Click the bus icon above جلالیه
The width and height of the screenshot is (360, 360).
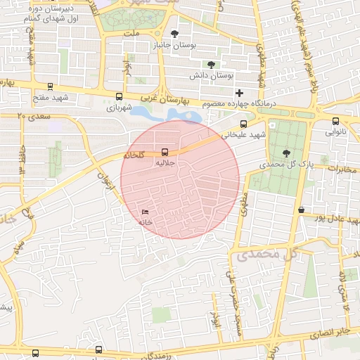(x=165, y=151)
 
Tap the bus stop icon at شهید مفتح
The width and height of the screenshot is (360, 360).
(x=49, y=86)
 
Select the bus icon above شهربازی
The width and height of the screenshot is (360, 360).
(x=119, y=97)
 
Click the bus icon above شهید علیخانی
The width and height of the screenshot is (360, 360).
(x=243, y=124)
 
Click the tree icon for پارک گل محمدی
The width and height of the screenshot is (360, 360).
(x=285, y=153)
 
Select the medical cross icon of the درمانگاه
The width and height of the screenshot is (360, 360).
(x=240, y=92)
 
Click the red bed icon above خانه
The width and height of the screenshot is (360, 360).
(x=145, y=212)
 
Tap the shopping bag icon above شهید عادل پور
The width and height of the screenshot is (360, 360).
(x=301, y=209)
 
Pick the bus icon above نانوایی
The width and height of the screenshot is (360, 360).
(x=335, y=120)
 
